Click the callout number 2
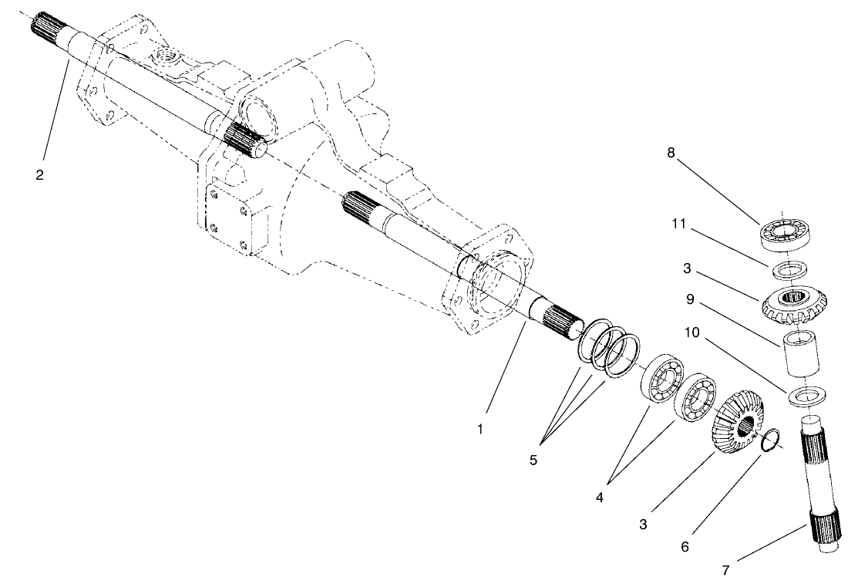(x=39, y=174)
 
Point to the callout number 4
(x=600, y=498)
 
